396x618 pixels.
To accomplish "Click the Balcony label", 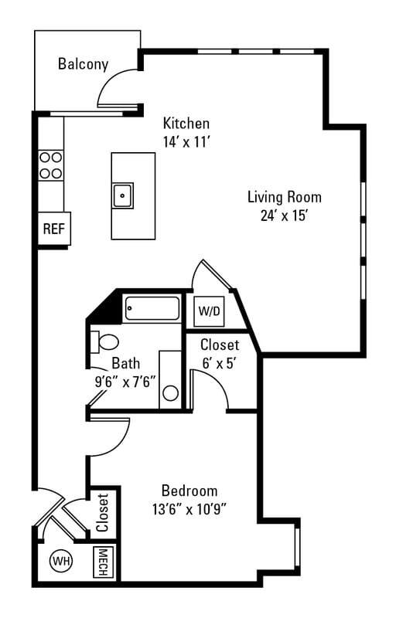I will tap(83, 64).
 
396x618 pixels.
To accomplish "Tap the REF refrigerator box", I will tap(52, 229).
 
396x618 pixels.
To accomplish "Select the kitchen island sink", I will tap(123, 195).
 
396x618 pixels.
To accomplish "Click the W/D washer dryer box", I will tap(209, 312).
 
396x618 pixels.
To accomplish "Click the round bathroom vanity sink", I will tap(170, 392).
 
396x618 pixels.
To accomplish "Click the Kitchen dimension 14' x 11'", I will tap(186, 142).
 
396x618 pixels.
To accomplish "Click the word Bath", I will tap(125, 363).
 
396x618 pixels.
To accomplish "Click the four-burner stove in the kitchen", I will tap(51, 165).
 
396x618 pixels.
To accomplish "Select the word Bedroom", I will tap(189, 491).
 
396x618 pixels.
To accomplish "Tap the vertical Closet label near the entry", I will tap(103, 512).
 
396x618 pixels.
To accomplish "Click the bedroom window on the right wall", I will tap(296, 551).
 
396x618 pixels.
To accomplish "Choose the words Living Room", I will tap(284, 196).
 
